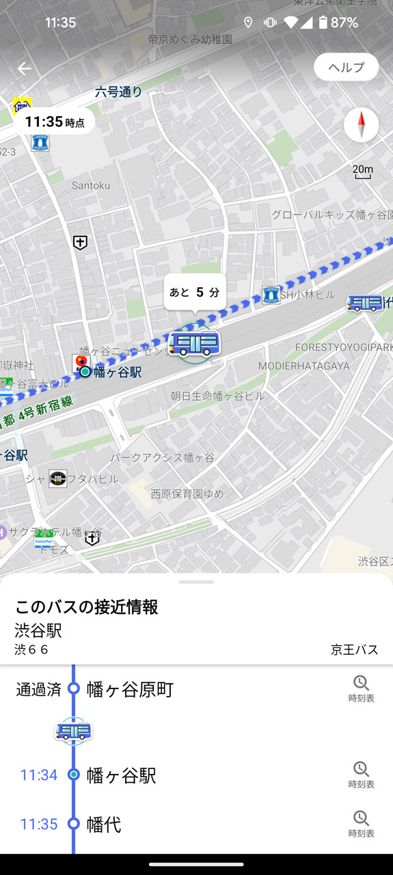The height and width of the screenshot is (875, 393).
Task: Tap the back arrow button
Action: click(25, 68)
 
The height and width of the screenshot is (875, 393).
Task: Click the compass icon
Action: click(361, 125)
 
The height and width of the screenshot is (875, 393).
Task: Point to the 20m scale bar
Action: click(363, 172)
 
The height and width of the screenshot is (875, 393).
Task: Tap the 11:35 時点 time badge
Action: click(54, 122)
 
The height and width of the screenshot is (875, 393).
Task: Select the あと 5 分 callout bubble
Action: click(195, 292)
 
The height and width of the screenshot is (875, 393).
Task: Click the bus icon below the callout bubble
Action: click(195, 343)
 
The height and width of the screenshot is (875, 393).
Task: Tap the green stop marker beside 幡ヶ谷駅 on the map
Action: click(85, 372)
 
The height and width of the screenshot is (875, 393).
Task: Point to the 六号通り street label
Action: click(119, 92)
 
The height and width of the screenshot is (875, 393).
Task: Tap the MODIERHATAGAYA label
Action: click(303, 366)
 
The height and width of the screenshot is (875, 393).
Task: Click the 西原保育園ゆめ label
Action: click(187, 494)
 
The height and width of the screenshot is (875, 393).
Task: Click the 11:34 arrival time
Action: click(39, 775)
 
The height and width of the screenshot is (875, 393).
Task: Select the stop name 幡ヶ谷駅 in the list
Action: click(122, 776)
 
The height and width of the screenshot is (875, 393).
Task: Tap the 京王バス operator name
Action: click(354, 649)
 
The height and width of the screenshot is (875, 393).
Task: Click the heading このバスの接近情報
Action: click(87, 606)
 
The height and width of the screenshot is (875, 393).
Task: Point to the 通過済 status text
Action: click(38, 689)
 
